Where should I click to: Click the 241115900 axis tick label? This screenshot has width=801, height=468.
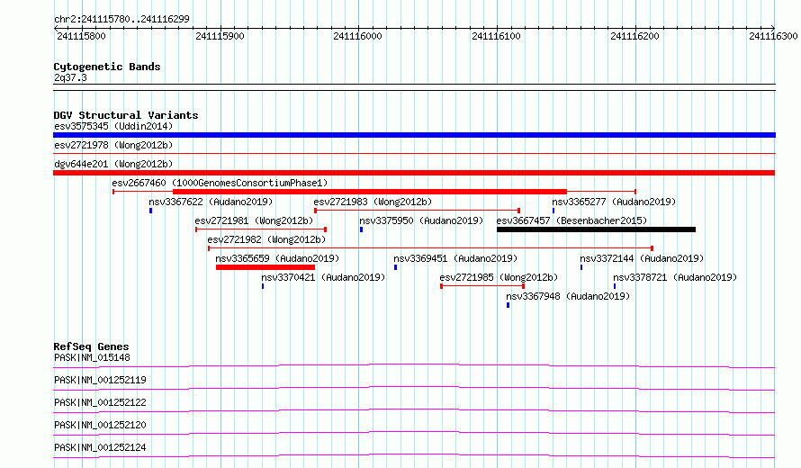pyautogui.click(x=220, y=36)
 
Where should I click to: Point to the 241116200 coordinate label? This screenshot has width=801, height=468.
pyautogui.click(x=634, y=36)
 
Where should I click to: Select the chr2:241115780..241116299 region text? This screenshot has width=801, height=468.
pyautogui.click(x=121, y=20)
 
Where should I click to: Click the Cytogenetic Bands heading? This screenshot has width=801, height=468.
pyautogui.click(x=107, y=67)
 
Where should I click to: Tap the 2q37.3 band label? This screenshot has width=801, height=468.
pyautogui.click(x=70, y=77)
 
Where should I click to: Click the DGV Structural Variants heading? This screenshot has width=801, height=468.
pyautogui.click(x=126, y=115)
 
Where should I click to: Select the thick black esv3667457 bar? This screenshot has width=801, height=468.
pyautogui.click(x=596, y=229)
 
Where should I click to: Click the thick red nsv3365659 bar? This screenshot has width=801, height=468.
pyautogui.click(x=265, y=267)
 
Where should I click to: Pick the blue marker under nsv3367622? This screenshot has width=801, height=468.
pyautogui.click(x=150, y=211)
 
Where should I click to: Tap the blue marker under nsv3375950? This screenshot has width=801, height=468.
pyautogui.click(x=361, y=229)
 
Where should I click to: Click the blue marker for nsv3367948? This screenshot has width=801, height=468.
pyautogui.click(x=508, y=305)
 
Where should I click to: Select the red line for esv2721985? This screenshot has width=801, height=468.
pyautogui.click(x=482, y=286)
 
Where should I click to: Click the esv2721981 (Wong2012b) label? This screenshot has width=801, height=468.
pyautogui.click(x=254, y=220)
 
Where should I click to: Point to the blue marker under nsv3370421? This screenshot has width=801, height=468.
pyautogui.click(x=263, y=286)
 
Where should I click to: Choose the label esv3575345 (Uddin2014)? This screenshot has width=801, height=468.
pyautogui.click(x=113, y=126)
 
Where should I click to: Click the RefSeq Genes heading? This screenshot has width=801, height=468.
pyautogui.click(x=91, y=346)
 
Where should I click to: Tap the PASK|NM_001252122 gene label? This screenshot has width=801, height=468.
pyautogui.click(x=100, y=402)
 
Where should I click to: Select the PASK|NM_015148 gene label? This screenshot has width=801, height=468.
pyautogui.click(x=92, y=357)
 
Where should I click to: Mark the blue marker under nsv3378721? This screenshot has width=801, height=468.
pyautogui.click(x=615, y=286)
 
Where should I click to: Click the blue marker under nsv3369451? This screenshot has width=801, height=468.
pyautogui.click(x=395, y=267)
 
